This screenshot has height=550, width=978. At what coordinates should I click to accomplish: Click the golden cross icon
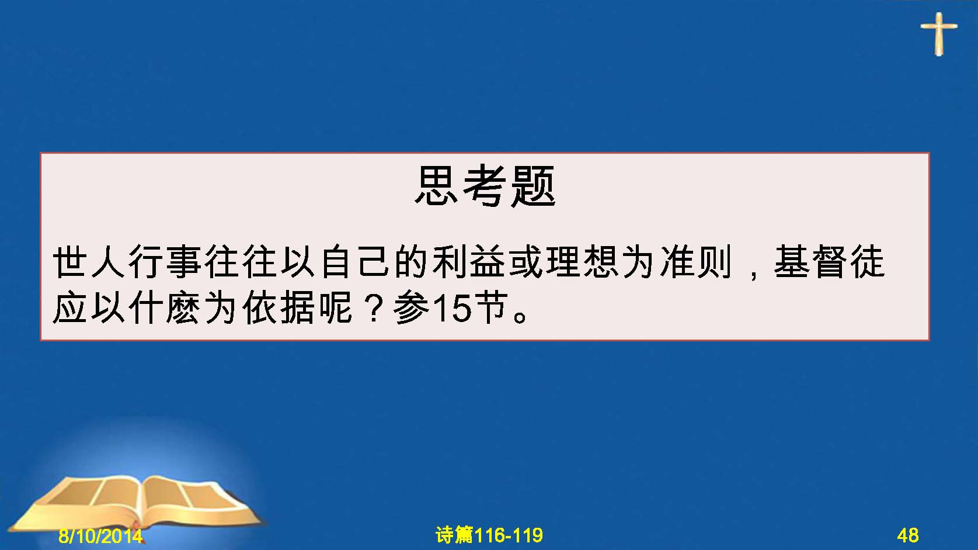(x=939, y=34)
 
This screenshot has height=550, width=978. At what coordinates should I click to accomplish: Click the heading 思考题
(x=485, y=186)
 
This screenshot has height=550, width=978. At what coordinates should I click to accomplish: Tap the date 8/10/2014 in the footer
(x=100, y=535)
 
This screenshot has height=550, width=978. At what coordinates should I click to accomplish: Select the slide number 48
(x=908, y=535)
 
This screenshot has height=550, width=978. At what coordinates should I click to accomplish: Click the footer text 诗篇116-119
(x=489, y=535)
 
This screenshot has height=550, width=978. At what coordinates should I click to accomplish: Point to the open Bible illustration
(x=135, y=505)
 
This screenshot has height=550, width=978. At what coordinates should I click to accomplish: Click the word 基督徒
(x=829, y=262)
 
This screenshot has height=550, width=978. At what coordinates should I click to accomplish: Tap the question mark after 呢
(x=373, y=308)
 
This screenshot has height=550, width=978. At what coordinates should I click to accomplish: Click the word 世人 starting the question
(x=89, y=262)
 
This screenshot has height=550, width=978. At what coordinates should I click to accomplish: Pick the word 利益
(x=469, y=262)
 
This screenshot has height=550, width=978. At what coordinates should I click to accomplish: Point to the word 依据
(x=280, y=308)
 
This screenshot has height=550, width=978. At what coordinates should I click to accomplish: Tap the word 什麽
(x=165, y=308)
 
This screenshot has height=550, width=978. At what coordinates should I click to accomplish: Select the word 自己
(x=355, y=262)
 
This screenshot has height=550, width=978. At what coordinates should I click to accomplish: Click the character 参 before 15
(x=411, y=308)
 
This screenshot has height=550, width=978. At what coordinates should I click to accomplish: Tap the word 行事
(x=165, y=262)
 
